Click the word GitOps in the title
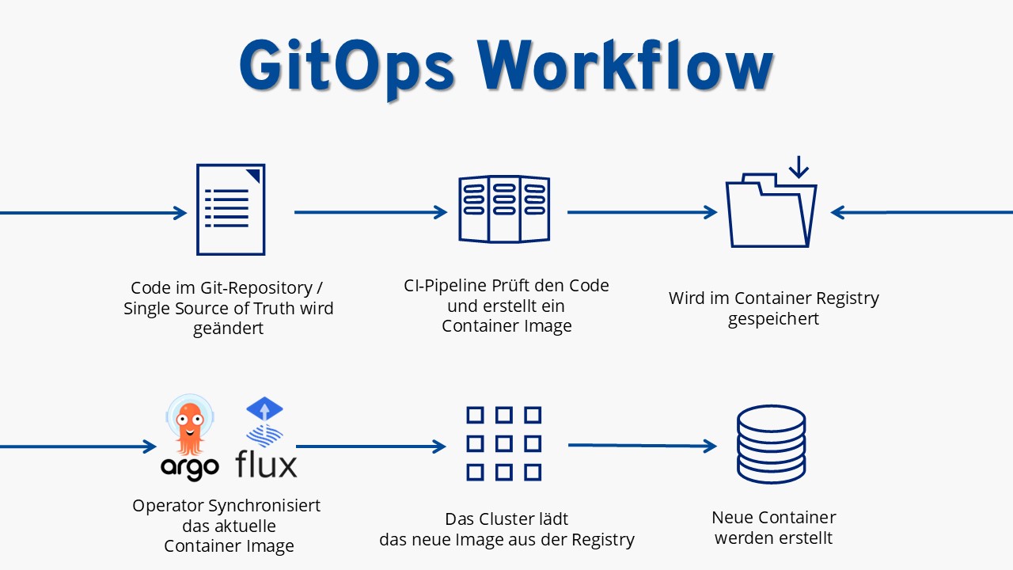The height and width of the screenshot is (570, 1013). tap(347, 67)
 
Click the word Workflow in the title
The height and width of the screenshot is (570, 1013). tap(625, 65)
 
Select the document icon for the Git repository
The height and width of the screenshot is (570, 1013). tap(230, 210)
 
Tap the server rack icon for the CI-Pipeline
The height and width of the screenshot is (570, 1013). tap(504, 209)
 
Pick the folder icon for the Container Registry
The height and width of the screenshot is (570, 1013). tap(771, 211)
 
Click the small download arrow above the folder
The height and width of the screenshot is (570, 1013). tap(799, 167)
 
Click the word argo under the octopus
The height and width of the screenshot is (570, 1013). tap(190, 468)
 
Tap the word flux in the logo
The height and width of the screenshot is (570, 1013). tap(266, 464)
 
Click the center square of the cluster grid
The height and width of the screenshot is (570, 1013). tap(504, 444)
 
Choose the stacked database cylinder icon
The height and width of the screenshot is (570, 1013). tap(771, 444)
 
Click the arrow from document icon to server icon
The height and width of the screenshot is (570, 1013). tap(371, 212)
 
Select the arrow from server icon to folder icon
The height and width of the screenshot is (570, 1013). tap(642, 212)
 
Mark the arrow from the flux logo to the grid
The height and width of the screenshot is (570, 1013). tap(371, 446)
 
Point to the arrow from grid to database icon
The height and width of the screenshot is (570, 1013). tap(643, 446)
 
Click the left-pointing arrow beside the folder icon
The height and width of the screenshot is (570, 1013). tap(922, 212)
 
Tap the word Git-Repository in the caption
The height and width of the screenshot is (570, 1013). tap(256, 288)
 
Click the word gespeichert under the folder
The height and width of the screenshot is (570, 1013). tap(773, 319)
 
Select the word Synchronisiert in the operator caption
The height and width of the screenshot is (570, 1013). tap(264, 506)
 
